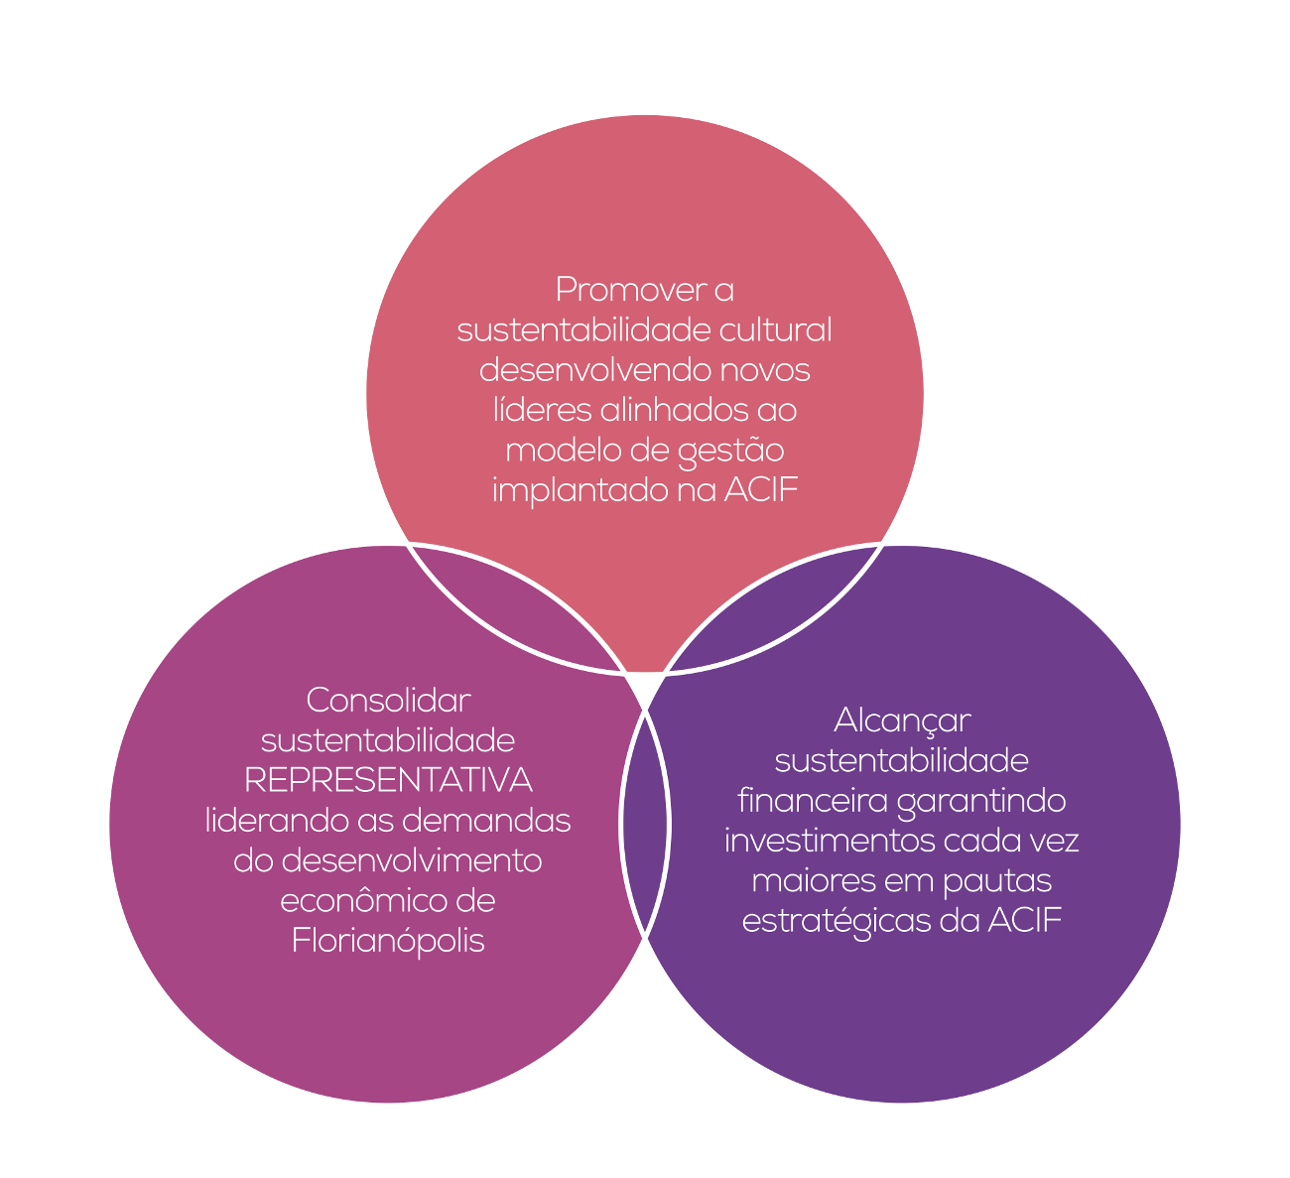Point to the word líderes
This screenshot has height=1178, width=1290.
click(541, 410)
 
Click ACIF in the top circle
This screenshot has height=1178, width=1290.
click(760, 490)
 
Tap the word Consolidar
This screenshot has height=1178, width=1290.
click(388, 700)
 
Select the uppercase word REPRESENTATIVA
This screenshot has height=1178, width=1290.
click(388, 780)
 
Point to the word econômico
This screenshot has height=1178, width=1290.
click(361, 901)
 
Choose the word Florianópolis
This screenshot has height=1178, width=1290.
click(388, 941)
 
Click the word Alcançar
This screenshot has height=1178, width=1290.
click(902, 720)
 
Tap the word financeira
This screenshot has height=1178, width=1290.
click(813, 801)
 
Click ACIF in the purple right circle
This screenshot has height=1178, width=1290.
click(1025, 921)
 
